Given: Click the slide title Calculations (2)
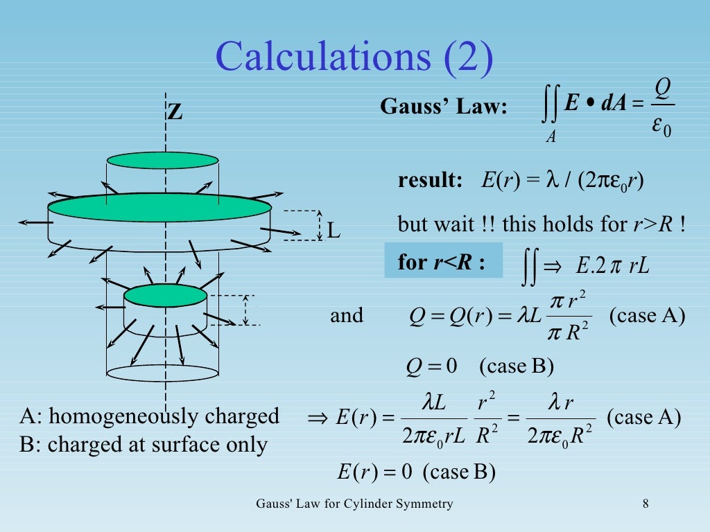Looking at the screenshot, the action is (354, 57).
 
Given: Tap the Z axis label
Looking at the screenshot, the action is (175, 112).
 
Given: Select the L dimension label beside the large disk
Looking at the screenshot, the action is (334, 230).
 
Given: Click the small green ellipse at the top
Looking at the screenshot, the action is (162, 160).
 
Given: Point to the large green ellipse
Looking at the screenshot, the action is (159, 207).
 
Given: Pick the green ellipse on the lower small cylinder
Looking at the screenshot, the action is (165, 295).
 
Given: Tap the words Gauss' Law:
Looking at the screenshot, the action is (444, 107).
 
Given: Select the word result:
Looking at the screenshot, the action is (430, 181).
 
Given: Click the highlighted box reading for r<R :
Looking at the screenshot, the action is (443, 261).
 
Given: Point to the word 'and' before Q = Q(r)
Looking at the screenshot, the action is (347, 316).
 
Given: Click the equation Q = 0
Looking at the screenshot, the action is (431, 366).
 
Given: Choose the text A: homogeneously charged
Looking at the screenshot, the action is (150, 416).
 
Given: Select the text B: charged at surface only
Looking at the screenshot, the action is (144, 444).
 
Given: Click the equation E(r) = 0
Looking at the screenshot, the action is (375, 472).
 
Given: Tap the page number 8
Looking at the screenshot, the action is (646, 504).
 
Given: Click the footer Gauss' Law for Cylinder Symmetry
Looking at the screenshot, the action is (354, 504).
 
